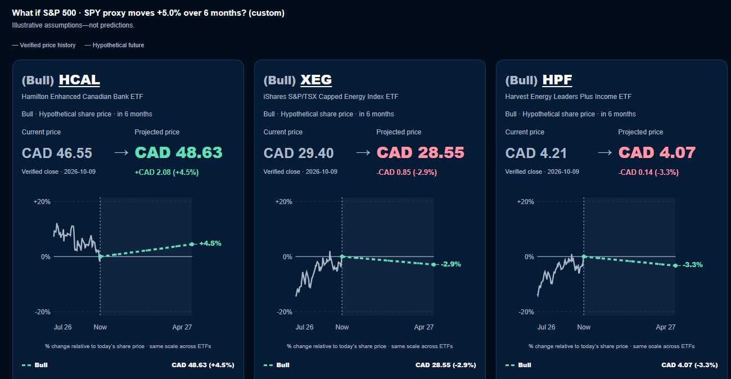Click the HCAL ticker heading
pos(79,80)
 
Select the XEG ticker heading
pos(316,80)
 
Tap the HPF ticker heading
pos(557,80)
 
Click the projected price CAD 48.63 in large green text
pos(178,153)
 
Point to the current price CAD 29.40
pos(299,153)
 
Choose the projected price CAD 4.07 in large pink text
pos(657,153)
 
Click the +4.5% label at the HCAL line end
pos(210,243)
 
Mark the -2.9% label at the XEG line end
pos(450,264)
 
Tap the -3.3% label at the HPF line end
pos(693,265)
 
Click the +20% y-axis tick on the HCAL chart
pos(42,202)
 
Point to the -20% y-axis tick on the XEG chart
pos(284,312)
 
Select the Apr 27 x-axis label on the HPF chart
pos(665,327)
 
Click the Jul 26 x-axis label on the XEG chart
pos(304,327)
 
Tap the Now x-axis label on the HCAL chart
pos(100,327)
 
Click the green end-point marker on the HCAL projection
pos(192,244)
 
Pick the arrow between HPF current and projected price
pos(604,152)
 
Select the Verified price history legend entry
pos(44,45)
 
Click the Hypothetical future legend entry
pos(114,45)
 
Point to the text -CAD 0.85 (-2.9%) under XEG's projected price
pos(407,172)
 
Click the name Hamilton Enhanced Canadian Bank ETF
pos(82,97)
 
